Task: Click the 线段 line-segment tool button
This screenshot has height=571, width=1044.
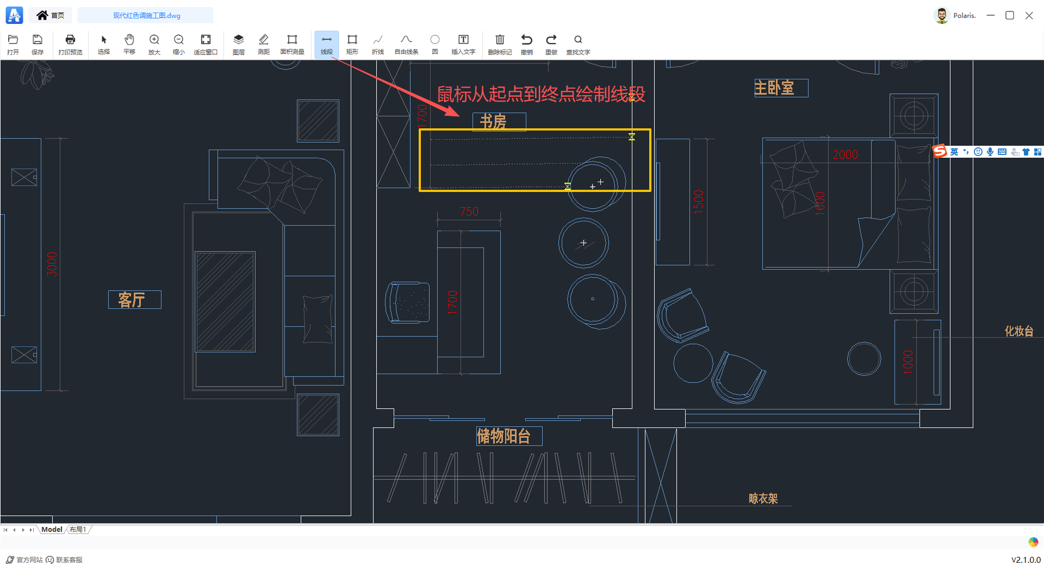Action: (326, 44)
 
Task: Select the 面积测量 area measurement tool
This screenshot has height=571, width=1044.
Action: (292, 44)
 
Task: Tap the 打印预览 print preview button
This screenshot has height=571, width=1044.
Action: (70, 44)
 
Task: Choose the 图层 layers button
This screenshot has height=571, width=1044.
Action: (238, 44)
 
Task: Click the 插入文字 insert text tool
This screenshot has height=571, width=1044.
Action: (463, 44)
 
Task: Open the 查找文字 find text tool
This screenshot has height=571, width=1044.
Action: (578, 44)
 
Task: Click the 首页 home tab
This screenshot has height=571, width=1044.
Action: (51, 15)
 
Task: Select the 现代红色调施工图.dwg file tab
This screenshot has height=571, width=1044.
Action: (146, 15)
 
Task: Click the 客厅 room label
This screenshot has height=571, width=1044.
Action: (132, 300)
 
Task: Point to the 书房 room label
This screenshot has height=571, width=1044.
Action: (494, 121)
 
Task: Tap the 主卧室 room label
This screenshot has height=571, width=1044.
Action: (774, 88)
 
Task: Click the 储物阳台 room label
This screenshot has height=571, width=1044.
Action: (504, 436)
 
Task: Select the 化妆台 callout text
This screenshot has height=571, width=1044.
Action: (1018, 331)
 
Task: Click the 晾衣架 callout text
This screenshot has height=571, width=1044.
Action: (763, 499)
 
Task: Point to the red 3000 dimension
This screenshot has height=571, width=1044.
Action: (52, 264)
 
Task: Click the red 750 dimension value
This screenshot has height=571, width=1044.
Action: (469, 212)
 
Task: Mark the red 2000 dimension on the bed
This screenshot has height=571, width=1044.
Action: (846, 154)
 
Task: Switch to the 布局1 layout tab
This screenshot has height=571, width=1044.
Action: (78, 529)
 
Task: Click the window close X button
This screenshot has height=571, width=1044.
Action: (1029, 15)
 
